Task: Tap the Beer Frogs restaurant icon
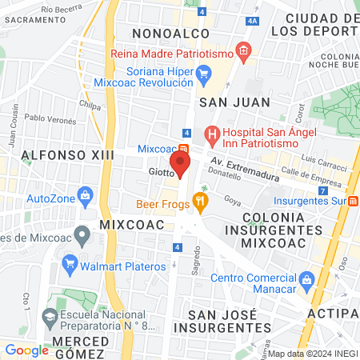point(201,203)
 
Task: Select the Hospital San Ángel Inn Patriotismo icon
point(212,134)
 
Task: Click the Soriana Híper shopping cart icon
point(203,76)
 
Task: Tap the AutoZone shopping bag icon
point(85,196)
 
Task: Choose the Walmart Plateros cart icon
point(70,262)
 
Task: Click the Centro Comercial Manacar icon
point(305,278)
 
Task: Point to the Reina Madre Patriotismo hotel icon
point(244,53)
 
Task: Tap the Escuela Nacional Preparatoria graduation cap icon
point(49,318)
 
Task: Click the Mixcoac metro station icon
point(185,149)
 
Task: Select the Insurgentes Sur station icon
point(353,200)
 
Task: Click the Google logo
point(26,350)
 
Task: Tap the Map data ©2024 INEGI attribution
point(311,354)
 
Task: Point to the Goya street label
point(232,200)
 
